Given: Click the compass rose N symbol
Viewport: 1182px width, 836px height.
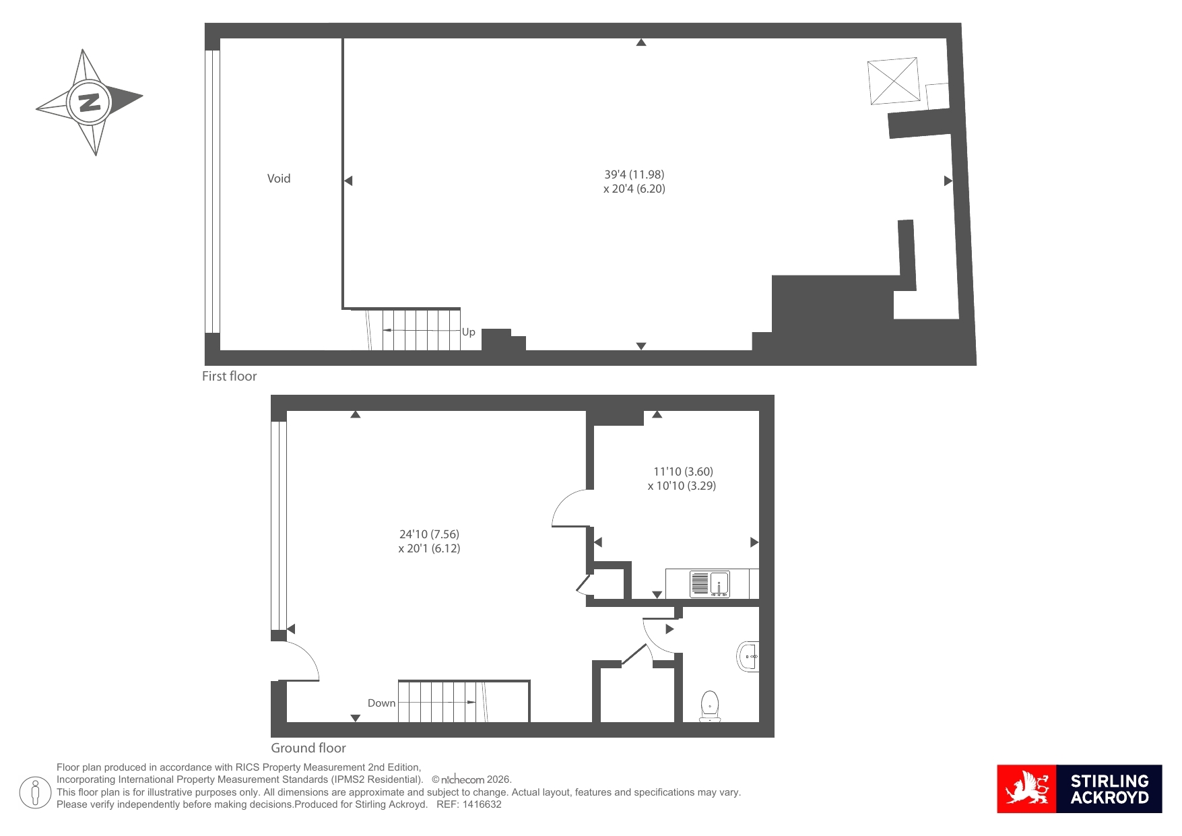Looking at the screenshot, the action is [90, 102].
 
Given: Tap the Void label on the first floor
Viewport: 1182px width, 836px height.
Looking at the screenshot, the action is [279, 179].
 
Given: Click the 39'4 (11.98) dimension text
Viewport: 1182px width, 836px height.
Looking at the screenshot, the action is [634, 174].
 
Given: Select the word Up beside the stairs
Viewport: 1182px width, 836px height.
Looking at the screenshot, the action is [469, 332].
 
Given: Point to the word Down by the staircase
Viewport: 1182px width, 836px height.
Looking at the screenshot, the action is [382, 703].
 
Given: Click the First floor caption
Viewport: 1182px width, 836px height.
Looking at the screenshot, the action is [230, 377].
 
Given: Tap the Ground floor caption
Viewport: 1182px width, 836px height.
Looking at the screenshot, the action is [308, 748].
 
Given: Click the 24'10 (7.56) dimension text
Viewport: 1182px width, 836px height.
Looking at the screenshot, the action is [429, 534].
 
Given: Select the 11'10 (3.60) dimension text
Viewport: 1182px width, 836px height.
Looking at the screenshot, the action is [683, 472].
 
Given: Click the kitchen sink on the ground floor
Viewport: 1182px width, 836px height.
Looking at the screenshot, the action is [710, 584].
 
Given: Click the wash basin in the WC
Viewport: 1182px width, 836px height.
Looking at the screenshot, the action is [748, 656].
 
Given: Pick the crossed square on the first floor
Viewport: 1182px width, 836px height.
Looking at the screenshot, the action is [894, 82].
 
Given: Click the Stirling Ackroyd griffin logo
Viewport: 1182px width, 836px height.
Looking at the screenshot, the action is [1027, 789].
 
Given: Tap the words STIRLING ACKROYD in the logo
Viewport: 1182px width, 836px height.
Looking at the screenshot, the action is [1109, 790].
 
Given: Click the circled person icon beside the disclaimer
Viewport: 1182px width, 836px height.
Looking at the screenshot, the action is [35, 792].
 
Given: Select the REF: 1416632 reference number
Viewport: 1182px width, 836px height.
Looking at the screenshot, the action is [469, 804].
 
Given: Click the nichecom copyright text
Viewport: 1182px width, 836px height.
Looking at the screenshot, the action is [471, 779].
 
